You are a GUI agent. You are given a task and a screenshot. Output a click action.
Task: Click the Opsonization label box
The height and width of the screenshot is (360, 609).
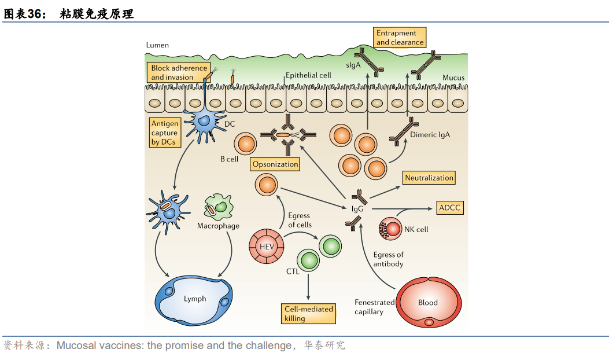point(275,164)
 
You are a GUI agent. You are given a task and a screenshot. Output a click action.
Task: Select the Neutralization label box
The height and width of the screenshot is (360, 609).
point(429,178)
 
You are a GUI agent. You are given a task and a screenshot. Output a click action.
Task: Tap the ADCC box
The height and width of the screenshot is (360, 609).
point(449,208)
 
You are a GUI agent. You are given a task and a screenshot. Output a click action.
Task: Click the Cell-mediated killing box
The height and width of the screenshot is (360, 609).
point(309,314)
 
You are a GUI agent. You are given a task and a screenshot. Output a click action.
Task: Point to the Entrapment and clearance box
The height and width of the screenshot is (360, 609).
point(400,38)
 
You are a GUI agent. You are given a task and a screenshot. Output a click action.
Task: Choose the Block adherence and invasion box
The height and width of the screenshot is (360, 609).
point(179,72)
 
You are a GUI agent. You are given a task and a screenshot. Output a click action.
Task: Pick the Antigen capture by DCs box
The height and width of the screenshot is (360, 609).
point(165,133)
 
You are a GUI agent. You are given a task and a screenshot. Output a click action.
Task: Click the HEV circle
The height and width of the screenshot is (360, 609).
point(267,247)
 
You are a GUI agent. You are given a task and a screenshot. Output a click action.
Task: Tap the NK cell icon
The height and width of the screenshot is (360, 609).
point(392,229)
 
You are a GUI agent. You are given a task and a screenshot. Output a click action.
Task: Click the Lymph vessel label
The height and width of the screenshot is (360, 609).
point(195,299)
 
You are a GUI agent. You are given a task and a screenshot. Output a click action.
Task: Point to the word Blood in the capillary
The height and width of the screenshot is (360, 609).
point(428,302)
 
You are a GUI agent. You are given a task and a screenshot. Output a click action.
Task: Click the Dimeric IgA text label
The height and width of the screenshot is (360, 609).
point(430,134)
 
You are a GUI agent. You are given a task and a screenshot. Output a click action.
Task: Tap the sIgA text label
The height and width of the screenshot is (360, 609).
point(353,65)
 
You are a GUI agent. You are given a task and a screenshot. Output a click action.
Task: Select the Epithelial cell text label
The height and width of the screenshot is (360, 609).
point(308,75)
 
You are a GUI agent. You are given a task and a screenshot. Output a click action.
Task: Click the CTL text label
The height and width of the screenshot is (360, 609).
point(293,271)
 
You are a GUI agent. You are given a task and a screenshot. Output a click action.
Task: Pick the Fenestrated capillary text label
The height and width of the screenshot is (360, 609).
point(374,307)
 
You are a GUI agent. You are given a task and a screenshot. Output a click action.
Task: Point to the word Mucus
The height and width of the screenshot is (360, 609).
point(453,78)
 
